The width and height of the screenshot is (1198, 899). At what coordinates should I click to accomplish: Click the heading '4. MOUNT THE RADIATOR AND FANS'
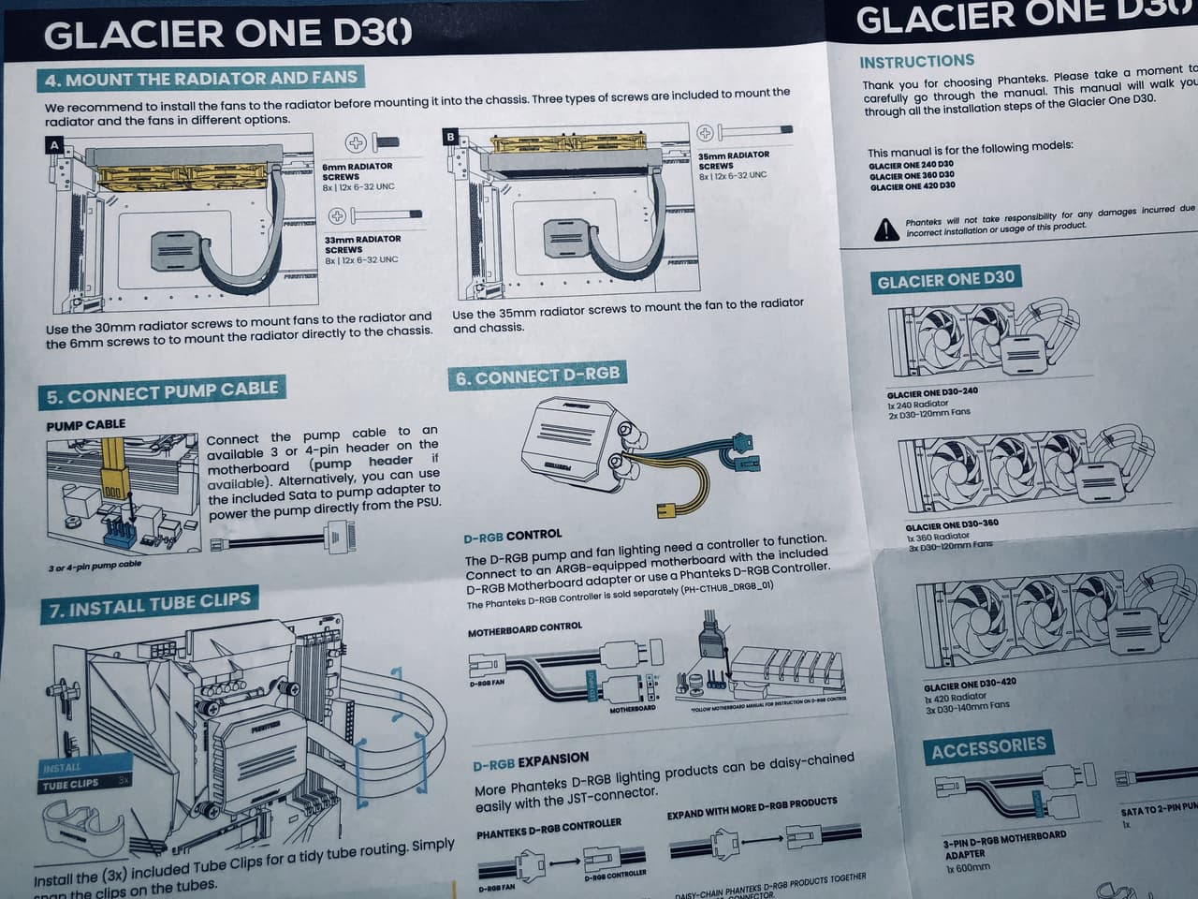coord(201,80)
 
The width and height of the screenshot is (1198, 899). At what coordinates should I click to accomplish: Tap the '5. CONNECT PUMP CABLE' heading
coord(162,392)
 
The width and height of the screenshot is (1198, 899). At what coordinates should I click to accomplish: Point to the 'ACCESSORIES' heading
coord(988,747)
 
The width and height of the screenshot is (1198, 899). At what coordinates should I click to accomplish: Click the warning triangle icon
coord(884,228)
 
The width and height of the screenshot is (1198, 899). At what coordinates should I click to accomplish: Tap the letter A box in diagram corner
coord(54,145)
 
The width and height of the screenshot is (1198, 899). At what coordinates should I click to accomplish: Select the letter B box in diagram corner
coord(451,137)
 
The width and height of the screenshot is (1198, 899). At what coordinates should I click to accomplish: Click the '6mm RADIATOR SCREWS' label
coord(358,170)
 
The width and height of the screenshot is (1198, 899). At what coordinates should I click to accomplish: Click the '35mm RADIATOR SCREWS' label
coord(734,159)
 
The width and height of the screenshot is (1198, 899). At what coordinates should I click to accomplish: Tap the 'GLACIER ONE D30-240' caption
coord(932,393)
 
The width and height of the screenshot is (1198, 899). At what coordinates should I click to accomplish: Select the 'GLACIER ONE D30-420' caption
coord(969,685)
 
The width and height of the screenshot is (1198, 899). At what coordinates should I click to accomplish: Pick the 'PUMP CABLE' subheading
coord(85,425)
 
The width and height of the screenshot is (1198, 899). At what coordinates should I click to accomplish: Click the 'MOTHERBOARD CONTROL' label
coord(524,629)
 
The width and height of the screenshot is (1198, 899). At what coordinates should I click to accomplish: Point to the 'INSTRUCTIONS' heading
coord(916,62)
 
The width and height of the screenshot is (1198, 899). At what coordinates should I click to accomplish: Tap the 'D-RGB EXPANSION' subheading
coord(531,759)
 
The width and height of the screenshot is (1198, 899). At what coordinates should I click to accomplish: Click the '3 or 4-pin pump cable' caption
coord(95,566)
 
